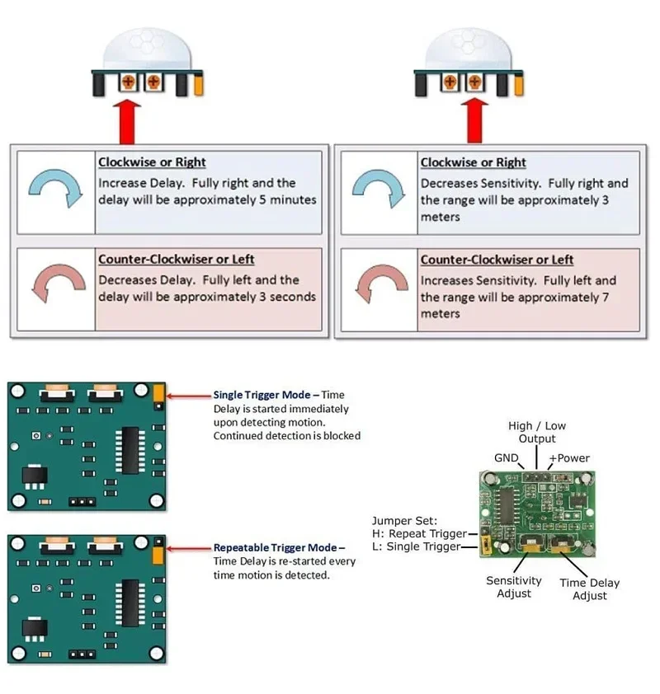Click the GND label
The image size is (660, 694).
[x=506, y=457]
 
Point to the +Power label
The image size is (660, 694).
[x=570, y=457]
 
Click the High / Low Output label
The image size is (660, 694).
[x=537, y=432]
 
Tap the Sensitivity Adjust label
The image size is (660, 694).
[x=513, y=587]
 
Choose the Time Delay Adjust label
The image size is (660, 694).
[x=589, y=588]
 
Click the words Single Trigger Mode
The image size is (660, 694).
[x=263, y=395]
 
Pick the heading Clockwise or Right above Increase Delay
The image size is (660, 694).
[x=152, y=162]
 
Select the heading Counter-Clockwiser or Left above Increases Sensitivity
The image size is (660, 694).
[x=497, y=260]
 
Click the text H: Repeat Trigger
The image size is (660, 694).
[x=419, y=533]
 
